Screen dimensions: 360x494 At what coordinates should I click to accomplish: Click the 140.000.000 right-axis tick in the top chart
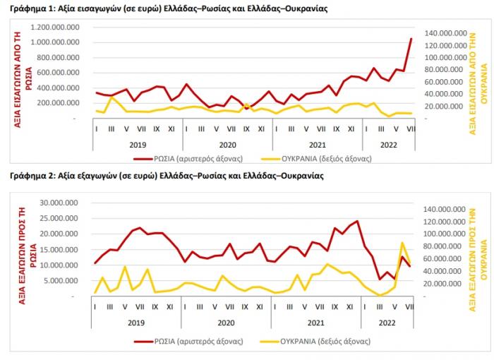click(445, 33)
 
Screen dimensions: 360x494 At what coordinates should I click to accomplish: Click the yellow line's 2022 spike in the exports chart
click(402, 243)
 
